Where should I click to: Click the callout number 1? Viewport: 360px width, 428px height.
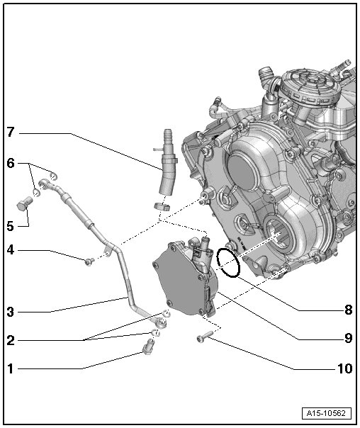pos(11,368)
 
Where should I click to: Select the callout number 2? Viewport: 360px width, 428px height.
pos(11,340)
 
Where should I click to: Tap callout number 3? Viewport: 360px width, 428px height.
pos(11,312)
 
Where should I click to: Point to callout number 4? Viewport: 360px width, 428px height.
pos(11,249)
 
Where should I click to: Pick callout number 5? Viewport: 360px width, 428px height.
pos(11,226)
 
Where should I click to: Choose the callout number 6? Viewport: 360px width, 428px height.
pos(11,164)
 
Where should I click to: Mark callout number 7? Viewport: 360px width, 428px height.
pos(11,133)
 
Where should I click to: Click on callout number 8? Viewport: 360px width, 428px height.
pos(349,310)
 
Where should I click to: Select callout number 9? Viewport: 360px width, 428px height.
pos(349,339)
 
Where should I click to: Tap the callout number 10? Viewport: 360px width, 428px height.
pos(345,368)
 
